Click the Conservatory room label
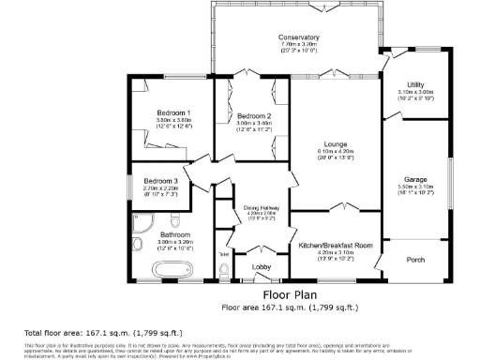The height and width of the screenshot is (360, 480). click(298, 37)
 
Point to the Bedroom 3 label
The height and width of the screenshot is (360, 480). click(160, 181)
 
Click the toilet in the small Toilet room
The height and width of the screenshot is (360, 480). click(223, 271)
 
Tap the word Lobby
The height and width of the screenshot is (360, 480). click(262, 267)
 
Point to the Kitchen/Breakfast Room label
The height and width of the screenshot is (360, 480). click(335, 246)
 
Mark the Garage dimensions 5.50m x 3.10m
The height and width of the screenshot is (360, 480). click(415, 187)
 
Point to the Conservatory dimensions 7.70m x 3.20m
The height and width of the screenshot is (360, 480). click(298, 44)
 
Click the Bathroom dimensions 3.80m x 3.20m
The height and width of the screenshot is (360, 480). click(174, 242)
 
